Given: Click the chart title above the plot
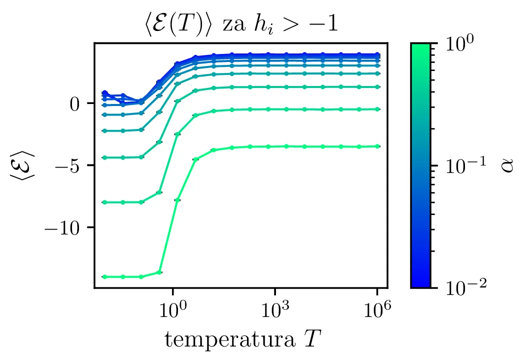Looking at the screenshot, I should (239, 24).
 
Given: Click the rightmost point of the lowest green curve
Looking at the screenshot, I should (378, 146).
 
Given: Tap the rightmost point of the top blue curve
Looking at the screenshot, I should (378, 54).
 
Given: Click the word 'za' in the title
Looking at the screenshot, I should (233, 25).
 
